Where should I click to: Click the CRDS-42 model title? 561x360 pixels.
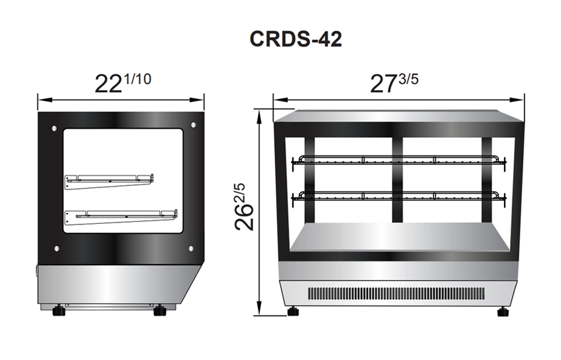296,38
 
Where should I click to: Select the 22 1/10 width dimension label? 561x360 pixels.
123,83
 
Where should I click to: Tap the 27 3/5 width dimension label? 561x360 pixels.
394,83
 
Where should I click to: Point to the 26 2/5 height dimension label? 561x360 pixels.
244,207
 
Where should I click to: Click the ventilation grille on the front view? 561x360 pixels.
397,294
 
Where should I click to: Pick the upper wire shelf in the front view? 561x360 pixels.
399,160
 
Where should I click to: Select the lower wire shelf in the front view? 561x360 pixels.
399,196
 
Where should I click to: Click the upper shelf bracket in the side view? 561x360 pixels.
109,181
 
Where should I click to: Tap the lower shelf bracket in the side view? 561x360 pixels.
121,217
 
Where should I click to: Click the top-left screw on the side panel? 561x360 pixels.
54,128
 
